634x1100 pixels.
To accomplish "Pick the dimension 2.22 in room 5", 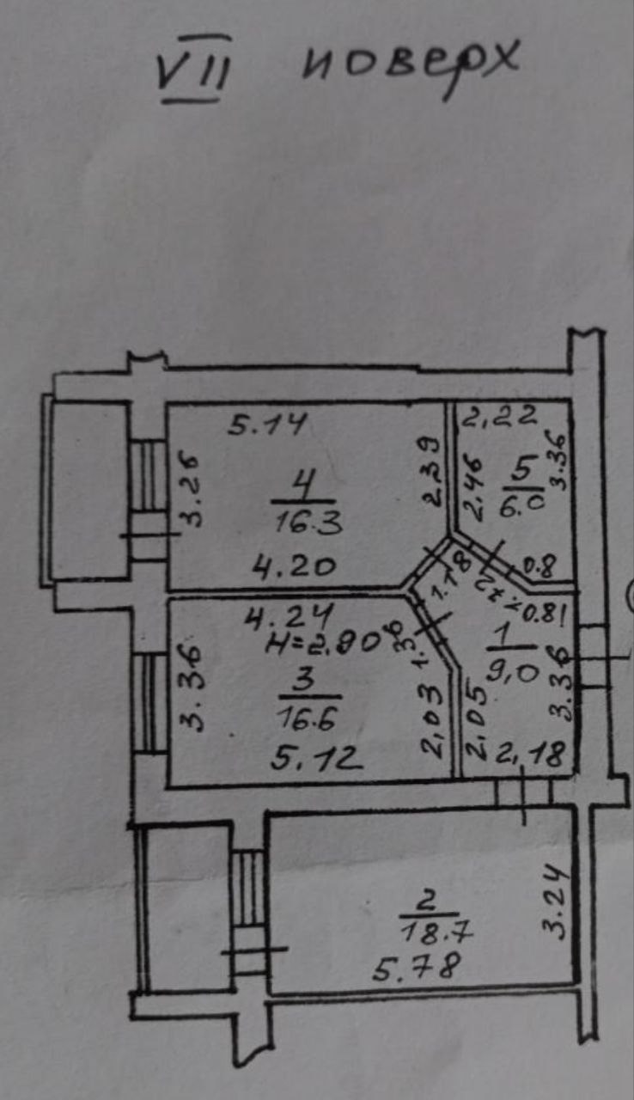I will pyautogui.click(x=499, y=418).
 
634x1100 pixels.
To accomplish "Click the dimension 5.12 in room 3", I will pyautogui.click(x=310, y=757).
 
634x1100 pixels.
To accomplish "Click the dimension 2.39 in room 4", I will pyautogui.click(x=433, y=470).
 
